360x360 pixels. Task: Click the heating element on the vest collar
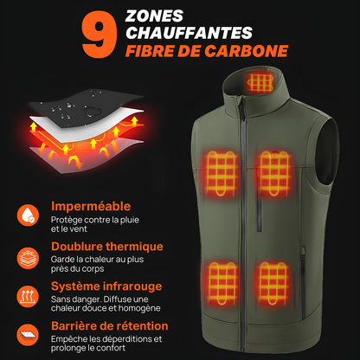[258, 83]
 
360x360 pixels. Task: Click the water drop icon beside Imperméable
[29, 214]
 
